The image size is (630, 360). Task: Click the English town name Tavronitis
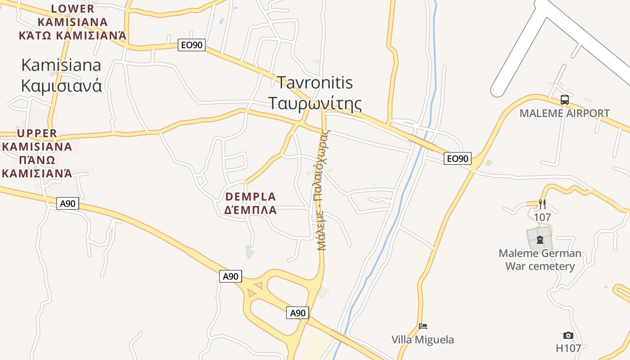tap(315, 83)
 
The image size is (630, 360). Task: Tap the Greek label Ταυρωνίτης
tap(315, 103)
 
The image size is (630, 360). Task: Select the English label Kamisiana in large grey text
tap(61, 65)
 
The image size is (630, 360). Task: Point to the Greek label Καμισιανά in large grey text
tap(61, 85)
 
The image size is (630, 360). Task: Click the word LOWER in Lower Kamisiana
tap(73, 9)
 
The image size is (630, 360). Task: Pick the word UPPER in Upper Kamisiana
tap(37, 133)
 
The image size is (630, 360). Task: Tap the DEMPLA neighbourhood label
tap(251, 197)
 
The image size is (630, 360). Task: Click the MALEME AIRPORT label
tap(564, 113)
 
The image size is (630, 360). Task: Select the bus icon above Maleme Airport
tap(564, 100)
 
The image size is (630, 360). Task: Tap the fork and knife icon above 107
tap(542, 204)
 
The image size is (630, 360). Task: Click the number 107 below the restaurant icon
tap(542, 217)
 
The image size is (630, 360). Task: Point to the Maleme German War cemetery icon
tap(540, 239)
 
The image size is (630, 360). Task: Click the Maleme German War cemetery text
tap(540, 260)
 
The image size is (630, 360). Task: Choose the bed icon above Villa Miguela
tap(423, 326)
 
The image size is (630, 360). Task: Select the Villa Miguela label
tap(423, 339)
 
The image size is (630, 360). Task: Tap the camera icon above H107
tap(568, 335)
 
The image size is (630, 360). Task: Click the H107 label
tap(568, 348)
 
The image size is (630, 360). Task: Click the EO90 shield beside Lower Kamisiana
tap(192, 45)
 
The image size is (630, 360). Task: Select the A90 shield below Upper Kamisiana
tap(68, 203)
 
